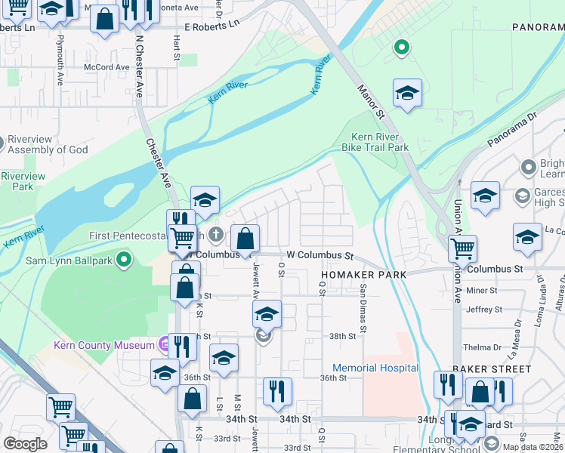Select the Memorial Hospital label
click(x=375, y=368)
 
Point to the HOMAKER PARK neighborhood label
click(x=363, y=275)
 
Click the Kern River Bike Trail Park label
click(x=380, y=143)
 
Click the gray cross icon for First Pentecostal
click(x=216, y=235)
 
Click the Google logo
click(x=25, y=443)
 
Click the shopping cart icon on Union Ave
click(x=462, y=248)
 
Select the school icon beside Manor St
click(x=407, y=94)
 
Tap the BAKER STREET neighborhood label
click(x=492, y=369)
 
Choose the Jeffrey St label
click(x=484, y=310)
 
